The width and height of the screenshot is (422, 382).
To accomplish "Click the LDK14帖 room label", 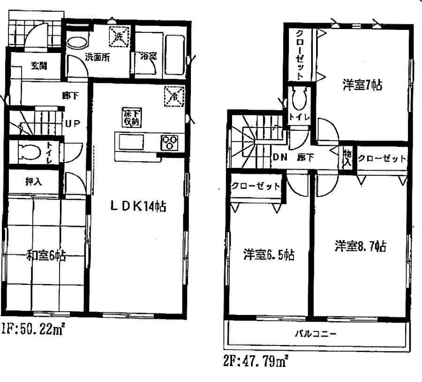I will click(x=138, y=207).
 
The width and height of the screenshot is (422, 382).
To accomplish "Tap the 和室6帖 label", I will click(x=45, y=255).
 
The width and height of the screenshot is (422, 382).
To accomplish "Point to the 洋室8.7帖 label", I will click(x=360, y=246).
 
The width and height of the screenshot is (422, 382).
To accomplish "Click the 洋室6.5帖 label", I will click(x=268, y=255).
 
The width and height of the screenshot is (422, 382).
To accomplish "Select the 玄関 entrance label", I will click(x=39, y=66).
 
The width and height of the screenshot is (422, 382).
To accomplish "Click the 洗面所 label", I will click(x=97, y=58).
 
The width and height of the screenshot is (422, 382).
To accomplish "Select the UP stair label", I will click(x=73, y=124).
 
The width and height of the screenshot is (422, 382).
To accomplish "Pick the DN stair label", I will click(x=279, y=158).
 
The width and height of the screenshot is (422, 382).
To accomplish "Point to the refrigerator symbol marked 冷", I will click(x=174, y=97).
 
